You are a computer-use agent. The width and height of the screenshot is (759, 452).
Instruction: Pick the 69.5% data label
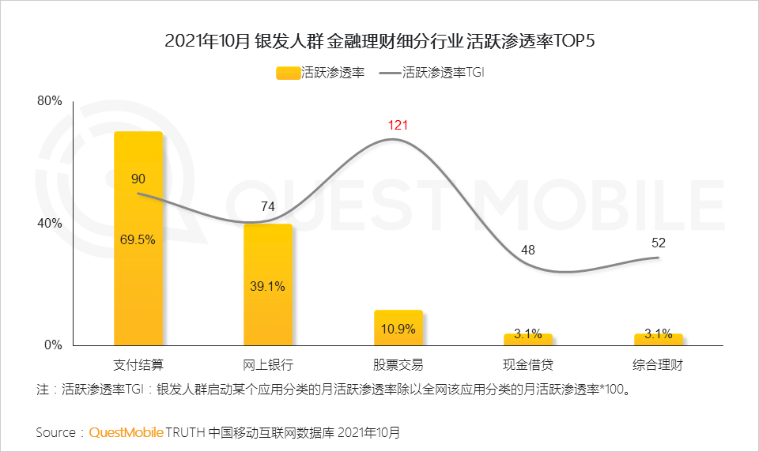(138, 240)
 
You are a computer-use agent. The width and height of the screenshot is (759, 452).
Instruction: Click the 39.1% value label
(268, 287)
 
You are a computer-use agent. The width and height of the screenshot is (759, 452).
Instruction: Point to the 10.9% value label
(398, 329)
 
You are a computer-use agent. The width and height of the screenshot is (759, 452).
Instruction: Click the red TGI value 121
(398, 126)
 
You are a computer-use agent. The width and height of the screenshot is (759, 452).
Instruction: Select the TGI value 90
(138, 179)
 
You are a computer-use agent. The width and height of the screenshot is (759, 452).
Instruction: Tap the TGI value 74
(268, 206)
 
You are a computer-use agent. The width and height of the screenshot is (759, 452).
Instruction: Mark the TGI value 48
(528, 250)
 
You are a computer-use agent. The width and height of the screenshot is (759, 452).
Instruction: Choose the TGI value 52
(658, 243)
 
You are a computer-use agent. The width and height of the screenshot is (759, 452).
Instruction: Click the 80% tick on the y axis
(49, 101)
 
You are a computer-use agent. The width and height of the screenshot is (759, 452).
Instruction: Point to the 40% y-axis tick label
(49, 224)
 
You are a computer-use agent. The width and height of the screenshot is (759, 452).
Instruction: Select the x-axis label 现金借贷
(528, 365)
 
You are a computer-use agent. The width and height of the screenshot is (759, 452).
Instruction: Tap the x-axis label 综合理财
(658, 365)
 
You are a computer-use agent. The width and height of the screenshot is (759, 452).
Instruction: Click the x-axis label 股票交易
(398, 365)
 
